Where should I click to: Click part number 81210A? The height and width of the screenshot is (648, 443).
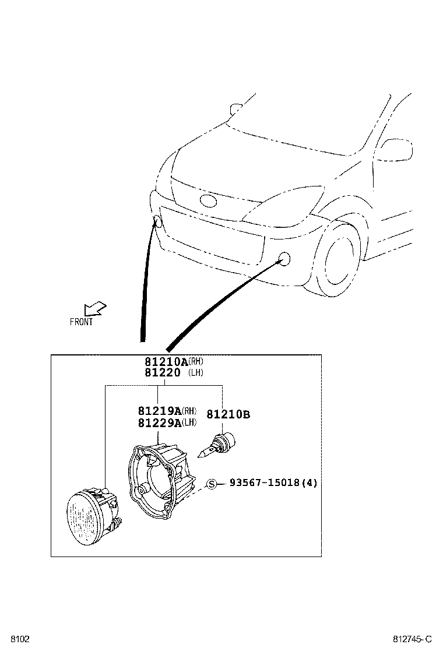click(163, 362)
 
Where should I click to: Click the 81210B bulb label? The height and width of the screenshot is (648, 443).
click(228, 415)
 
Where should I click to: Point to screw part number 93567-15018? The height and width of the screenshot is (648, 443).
click(266, 483)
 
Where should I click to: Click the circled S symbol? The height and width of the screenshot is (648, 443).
click(212, 484)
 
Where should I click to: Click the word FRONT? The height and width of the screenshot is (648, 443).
click(81, 322)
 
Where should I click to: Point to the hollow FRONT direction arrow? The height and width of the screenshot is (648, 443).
click(94, 308)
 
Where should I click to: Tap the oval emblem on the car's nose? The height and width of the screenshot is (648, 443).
click(208, 201)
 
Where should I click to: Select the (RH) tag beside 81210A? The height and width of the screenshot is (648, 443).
click(196, 361)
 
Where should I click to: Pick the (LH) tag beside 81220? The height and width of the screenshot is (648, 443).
click(196, 373)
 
